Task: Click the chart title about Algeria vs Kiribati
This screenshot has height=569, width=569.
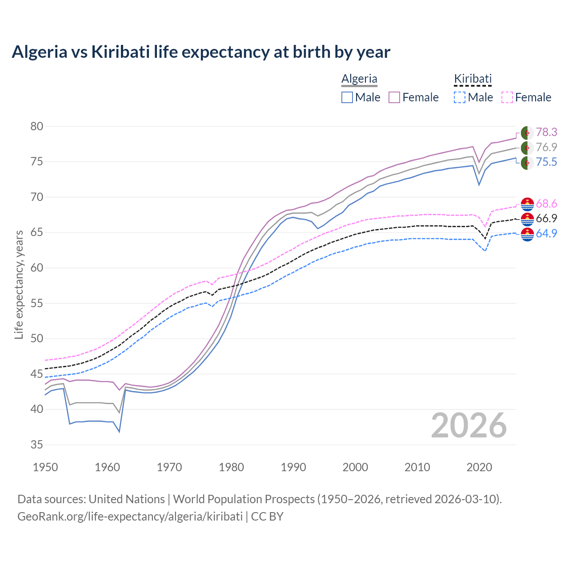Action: [x=201, y=52]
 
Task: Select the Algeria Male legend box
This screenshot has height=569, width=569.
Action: [x=347, y=97]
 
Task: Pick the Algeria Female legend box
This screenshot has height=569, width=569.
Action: [x=395, y=97]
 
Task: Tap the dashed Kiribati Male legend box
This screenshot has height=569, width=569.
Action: [x=460, y=97]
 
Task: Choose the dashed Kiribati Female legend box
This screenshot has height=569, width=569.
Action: [x=507, y=97]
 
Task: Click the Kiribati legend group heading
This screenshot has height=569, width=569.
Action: [x=473, y=79]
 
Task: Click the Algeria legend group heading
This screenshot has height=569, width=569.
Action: [x=359, y=79]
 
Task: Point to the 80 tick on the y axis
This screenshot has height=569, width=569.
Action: [x=37, y=126]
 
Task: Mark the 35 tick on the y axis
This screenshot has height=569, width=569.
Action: [x=37, y=445]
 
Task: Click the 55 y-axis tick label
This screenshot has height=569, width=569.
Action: [x=37, y=303]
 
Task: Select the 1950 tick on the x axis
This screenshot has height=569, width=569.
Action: [x=46, y=467]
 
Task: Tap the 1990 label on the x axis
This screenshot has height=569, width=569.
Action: [x=293, y=467]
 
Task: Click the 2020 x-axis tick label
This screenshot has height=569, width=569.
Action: [x=479, y=467]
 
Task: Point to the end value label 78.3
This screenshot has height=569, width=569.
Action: [x=546, y=132]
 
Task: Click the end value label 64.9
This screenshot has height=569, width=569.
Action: [x=546, y=233]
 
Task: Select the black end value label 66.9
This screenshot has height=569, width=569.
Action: [x=546, y=218]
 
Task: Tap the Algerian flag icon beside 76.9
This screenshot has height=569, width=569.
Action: [x=527, y=148]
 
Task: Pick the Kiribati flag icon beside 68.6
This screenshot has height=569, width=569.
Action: [x=527, y=204]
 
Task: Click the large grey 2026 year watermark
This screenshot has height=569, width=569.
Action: [x=469, y=426]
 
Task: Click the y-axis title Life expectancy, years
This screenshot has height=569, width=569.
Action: [x=19, y=284]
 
